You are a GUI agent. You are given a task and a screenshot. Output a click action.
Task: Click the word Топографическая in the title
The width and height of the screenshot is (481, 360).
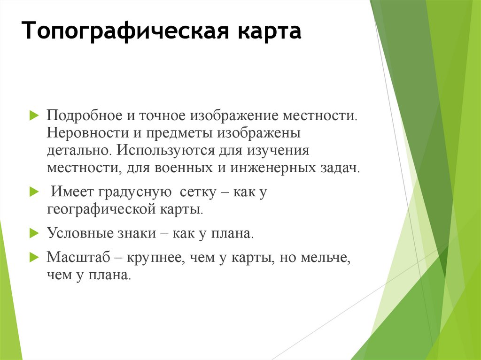[126, 33]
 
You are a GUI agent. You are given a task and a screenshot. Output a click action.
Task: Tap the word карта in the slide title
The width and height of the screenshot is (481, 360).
[271, 33]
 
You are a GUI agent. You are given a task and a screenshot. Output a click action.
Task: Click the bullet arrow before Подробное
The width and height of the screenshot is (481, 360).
[33, 115]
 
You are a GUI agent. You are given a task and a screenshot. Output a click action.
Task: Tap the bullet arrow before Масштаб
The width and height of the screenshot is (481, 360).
[33, 257]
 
